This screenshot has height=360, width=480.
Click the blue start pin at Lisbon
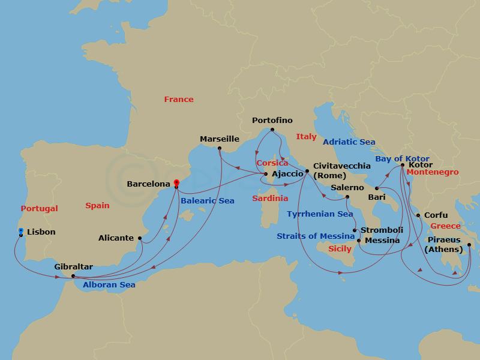click(x=21, y=231)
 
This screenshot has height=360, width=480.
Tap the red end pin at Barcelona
click(x=176, y=184)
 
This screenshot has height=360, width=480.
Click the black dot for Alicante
click(x=140, y=238)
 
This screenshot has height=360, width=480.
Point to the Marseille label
click(x=220, y=139)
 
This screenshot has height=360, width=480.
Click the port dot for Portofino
click(x=272, y=130)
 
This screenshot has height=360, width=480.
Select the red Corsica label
click(x=272, y=163)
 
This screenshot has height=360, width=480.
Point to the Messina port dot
click(x=359, y=241)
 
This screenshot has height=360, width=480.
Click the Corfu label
click(x=435, y=215)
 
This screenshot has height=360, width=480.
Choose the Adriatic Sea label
click(x=349, y=142)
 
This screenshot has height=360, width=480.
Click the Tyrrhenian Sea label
click(x=319, y=214)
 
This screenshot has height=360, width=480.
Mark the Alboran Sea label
click(x=109, y=285)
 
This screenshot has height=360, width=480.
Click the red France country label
click(x=179, y=100)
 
